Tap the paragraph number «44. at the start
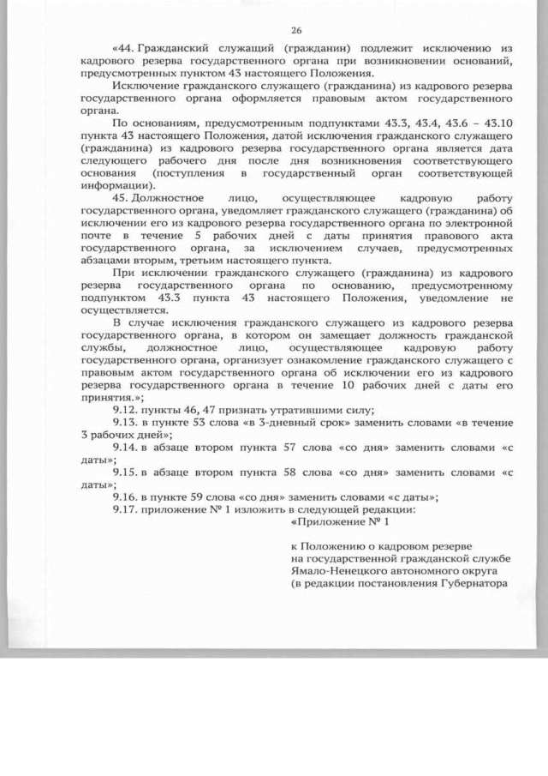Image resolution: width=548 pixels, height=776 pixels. pyautogui.click(x=124, y=48)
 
